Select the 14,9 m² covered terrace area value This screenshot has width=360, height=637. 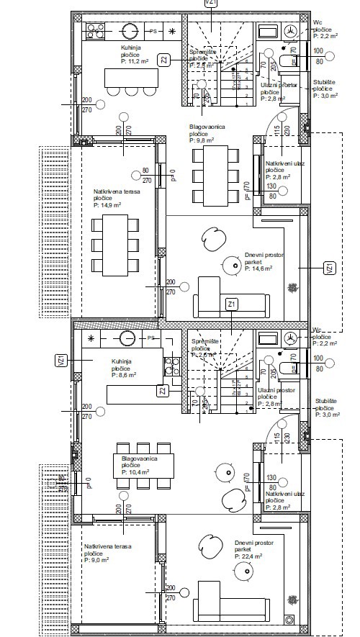(x=107, y=205)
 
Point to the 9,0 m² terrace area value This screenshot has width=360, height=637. (x=97, y=559)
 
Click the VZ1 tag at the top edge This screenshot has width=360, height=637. (x=211, y=4)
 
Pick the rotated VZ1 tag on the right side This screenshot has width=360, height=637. (x=329, y=268)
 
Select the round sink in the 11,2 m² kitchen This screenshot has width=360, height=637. (x=130, y=31)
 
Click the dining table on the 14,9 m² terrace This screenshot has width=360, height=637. (x=116, y=245)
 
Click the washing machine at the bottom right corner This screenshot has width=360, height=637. (x=290, y=618)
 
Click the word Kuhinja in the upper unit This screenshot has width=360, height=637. (x=132, y=47)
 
